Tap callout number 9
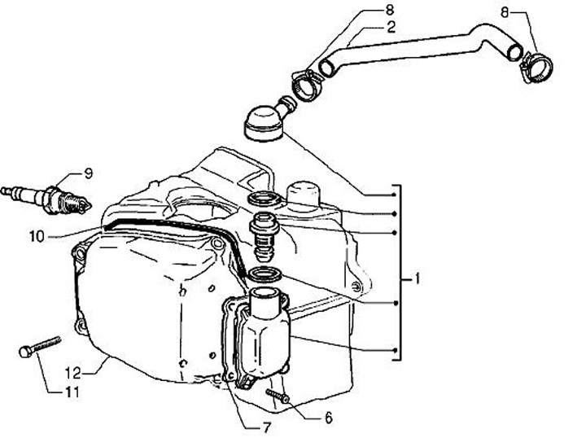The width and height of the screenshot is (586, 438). pyautogui.click(x=88, y=173)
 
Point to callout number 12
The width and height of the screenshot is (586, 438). pyautogui.click(x=74, y=374)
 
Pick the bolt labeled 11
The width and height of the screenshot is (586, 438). pyautogui.click(x=37, y=346)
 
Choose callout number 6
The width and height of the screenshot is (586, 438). pyautogui.click(x=328, y=417)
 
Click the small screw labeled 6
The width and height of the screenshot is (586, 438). pyautogui.click(x=278, y=396)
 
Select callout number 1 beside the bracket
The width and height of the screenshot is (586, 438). pyautogui.click(x=416, y=279)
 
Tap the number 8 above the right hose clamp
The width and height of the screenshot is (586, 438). pyautogui.click(x=505, y=12)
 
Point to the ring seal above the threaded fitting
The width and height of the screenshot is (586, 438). pyautogui.click(x=264, y=199)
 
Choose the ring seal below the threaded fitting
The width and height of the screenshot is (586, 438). pyautogui.click(x=264, y=276)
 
